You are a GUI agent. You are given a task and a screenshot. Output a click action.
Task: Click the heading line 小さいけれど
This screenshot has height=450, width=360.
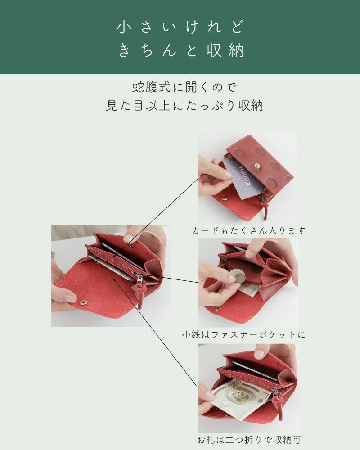180,27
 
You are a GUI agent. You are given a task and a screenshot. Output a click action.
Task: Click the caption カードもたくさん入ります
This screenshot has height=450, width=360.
248,231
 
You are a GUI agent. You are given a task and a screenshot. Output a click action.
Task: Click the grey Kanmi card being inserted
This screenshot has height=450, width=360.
243,178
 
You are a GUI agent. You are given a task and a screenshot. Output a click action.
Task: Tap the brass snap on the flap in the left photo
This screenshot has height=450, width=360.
83,302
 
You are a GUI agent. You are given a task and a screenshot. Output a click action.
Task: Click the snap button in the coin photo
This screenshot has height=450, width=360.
218,308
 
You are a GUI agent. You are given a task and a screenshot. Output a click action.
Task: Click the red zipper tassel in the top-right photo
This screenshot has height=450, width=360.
265,209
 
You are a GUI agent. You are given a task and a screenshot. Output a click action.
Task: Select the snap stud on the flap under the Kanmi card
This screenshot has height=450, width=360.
224,198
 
